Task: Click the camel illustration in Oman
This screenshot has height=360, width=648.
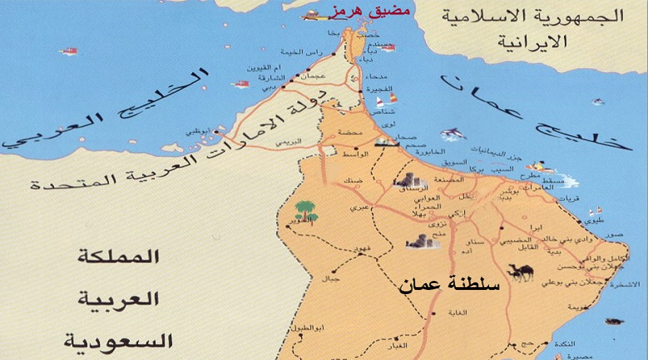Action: (x=520, y=271)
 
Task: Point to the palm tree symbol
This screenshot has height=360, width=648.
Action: (x=306, y=210)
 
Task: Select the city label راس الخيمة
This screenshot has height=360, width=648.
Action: (x=300, y=52)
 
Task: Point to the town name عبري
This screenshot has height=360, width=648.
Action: (x=359, y=207)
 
